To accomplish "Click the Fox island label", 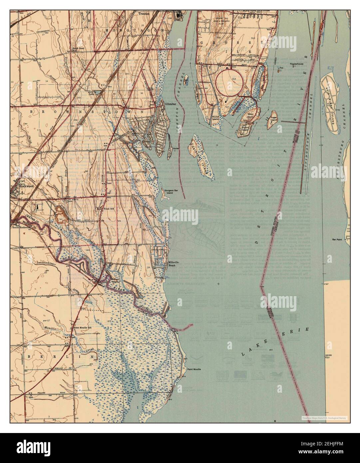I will click(x=281, y=68).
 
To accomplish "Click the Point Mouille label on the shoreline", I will click(x=194, y=369).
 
